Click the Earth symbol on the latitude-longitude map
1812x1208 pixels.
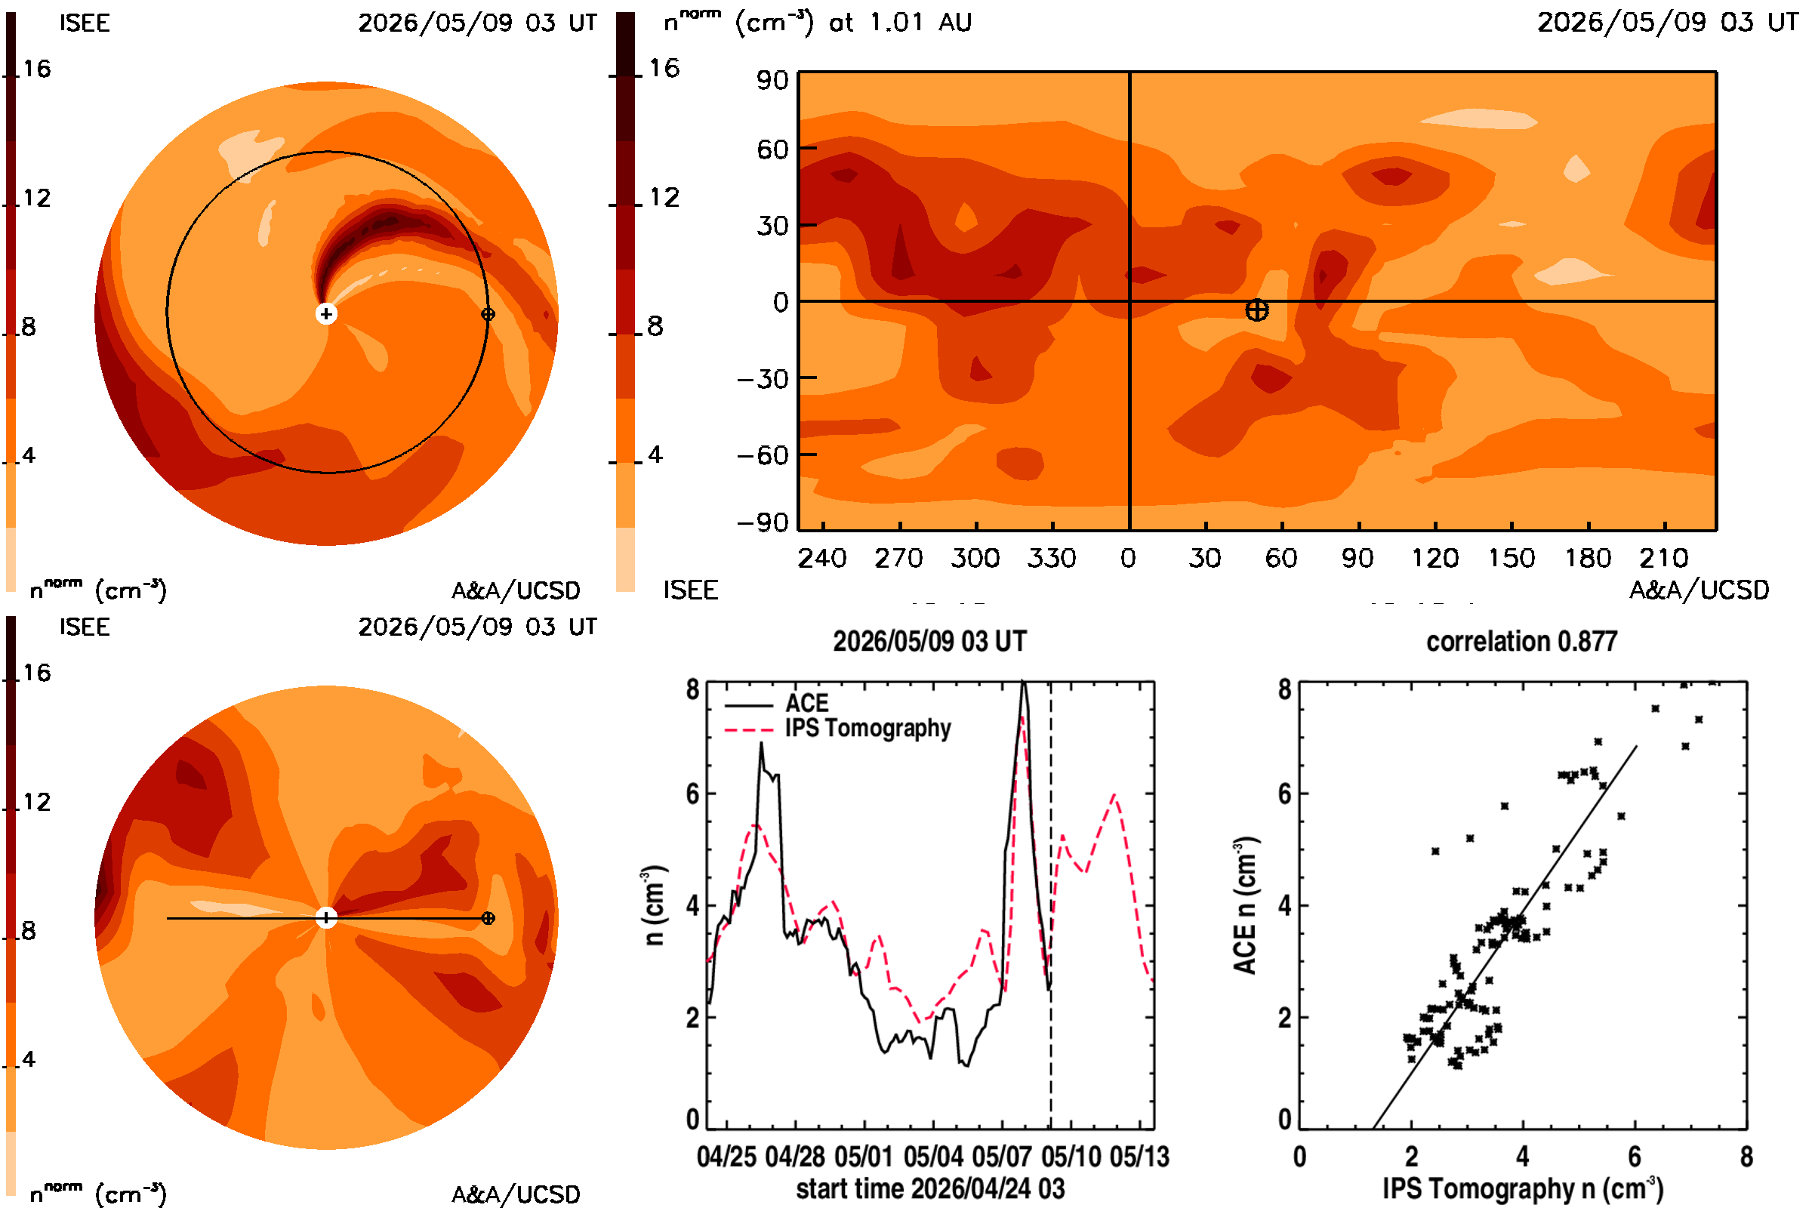[1256, 310]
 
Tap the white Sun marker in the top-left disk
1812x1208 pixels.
[326, 313]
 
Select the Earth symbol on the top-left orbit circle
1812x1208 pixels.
[488, 313]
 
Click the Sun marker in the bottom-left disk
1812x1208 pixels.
[326, 917]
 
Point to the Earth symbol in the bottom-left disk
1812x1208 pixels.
[488, 917]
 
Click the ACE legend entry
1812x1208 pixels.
[777, 704]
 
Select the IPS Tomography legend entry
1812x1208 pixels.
[838, 728]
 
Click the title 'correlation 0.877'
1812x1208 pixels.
[1521, 641]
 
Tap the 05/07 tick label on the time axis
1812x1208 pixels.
[1002, 1157]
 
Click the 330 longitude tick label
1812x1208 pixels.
[1052, 558]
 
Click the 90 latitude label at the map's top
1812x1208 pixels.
[772, 80]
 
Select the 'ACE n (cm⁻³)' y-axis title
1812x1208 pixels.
[1245, 905]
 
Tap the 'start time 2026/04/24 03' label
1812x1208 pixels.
[931, 1188]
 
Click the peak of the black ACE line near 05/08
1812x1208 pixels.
[1023, 681]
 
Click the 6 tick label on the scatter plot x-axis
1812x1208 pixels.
[1634, 1157]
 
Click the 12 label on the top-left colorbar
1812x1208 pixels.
[36, 198]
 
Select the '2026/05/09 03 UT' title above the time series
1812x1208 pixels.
[930, 641]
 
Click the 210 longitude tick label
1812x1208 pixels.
[1663, 558]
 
